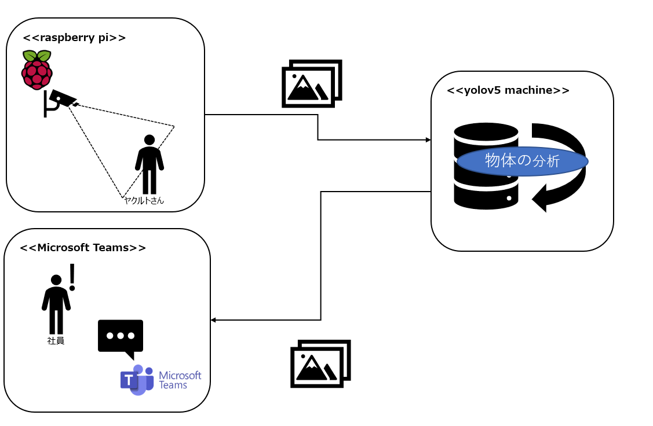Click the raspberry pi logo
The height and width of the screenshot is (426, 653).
tap(37, 69)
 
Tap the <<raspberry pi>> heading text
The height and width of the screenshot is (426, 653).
tap(74, 38)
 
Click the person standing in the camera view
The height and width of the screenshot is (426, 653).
tap(149, 164)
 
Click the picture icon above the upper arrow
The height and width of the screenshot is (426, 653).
tap(312, 83)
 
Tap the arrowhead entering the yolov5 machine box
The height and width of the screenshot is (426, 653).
tap(428, 140)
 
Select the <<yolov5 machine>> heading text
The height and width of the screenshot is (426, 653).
tap(508, 90)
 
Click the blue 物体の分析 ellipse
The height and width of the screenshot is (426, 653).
tap(523, 161)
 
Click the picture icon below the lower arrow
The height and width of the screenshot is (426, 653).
tap(320, 363)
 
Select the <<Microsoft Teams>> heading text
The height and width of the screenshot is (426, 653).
tap(83, 248)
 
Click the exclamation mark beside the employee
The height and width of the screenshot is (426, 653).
tap(72, 277)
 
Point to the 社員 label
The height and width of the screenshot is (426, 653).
tap(56, 341)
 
